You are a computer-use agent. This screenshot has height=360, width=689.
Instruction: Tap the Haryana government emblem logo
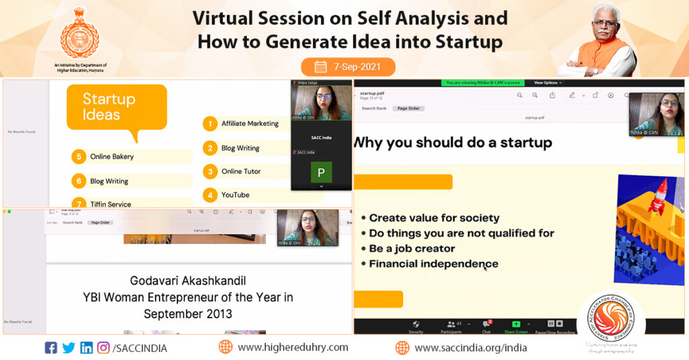pos(80,32)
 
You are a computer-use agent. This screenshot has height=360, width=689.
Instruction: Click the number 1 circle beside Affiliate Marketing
pos(211,124)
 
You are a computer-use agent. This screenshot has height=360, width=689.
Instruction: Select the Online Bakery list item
pos(112,157)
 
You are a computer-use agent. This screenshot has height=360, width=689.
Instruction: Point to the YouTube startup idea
pos(235,195)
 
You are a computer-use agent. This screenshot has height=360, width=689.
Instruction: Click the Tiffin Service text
pos(110,204)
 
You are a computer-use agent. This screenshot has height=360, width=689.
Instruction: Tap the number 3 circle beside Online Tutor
pos(211,172)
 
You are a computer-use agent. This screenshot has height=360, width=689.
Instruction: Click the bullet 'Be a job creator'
pos(412,248)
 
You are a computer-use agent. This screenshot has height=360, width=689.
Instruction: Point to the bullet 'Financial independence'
pos(433,264)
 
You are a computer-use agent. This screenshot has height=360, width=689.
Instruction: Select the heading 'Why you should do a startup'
pos(452,143)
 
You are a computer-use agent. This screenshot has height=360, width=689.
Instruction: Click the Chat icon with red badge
pos(486,325)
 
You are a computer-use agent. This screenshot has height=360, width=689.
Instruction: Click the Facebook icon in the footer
pos(50,348)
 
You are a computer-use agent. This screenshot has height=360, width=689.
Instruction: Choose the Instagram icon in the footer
pos(103,348)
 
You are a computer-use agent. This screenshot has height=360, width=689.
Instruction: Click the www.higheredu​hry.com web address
pos(293,348)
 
